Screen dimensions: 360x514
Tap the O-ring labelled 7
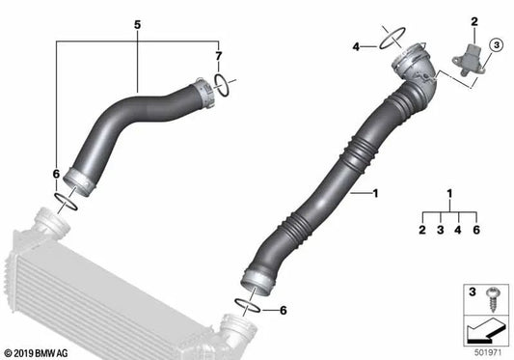(221, 85)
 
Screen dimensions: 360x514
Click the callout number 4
(356, 46)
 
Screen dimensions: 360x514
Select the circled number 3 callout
(495, 44)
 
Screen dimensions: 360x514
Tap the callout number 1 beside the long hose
(375, 194)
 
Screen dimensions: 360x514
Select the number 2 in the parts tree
(421, 230)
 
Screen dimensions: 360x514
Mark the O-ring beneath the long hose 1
(247, 306)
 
